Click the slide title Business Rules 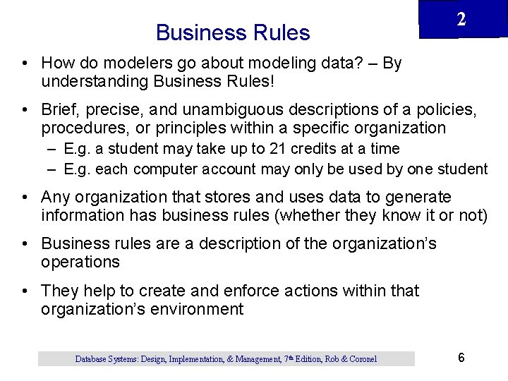click(x=233, y=32)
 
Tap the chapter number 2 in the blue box click(x=461, y=20)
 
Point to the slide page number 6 click(x=461, y=358)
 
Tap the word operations click(x=80, y=262)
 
